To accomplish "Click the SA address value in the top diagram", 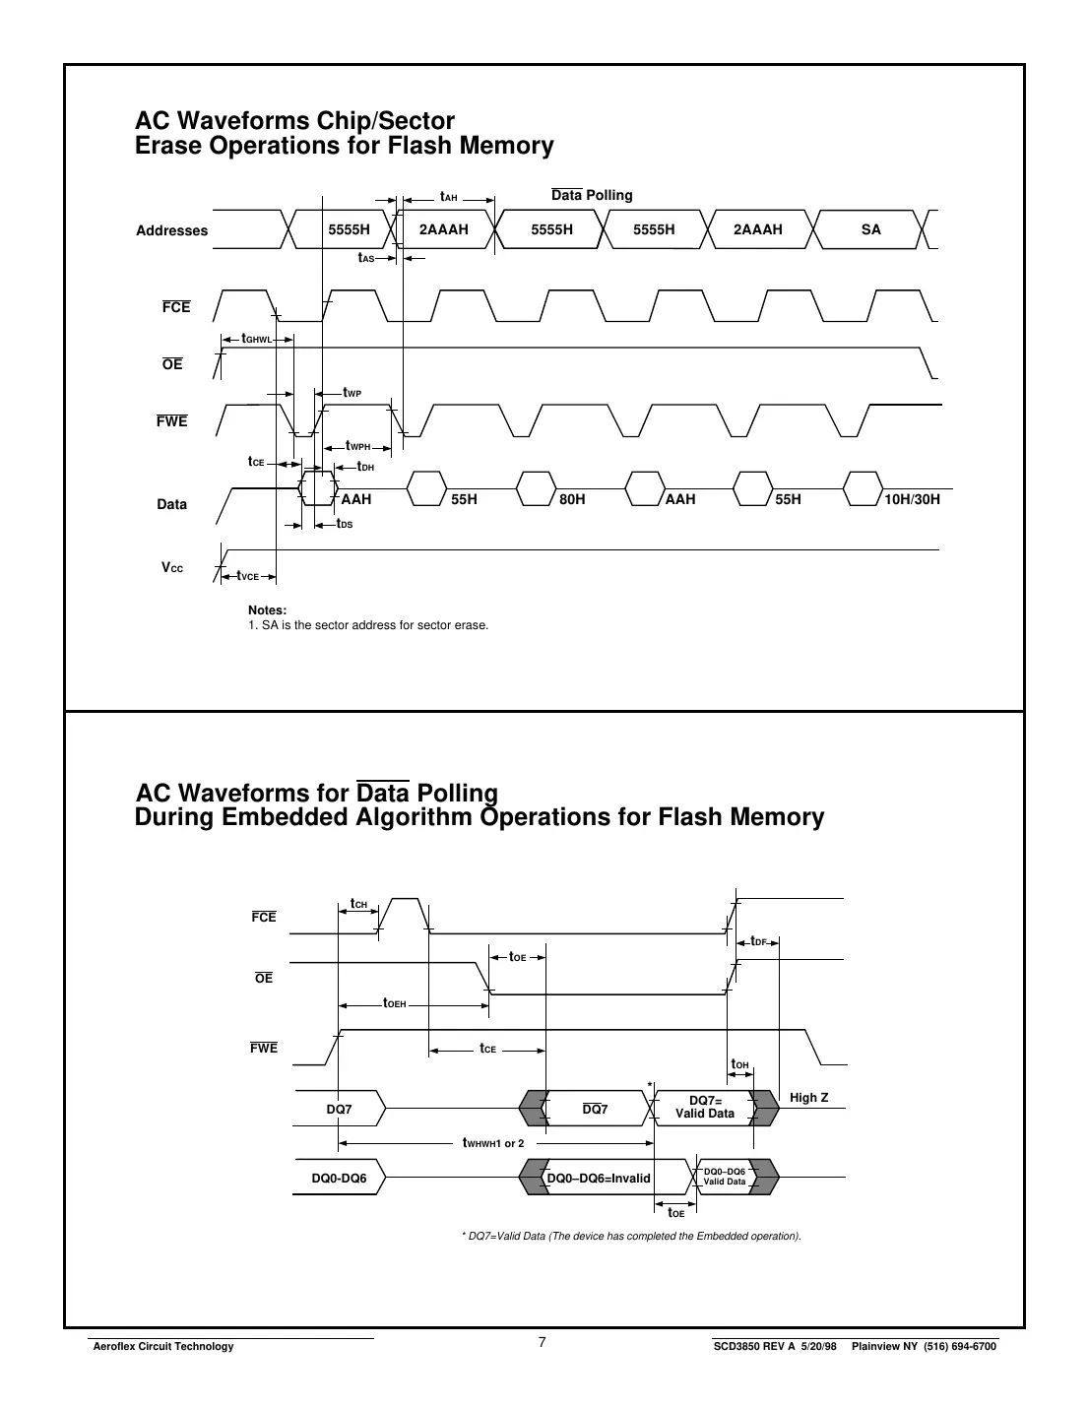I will pos(870,229).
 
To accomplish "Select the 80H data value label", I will pos(572,499).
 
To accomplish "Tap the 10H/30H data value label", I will pos(912,499).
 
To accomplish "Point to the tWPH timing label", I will pos(358,446).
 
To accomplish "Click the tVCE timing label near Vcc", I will pos(247,576).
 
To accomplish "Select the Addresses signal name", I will pos(172,230).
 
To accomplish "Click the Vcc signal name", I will pos(172,568).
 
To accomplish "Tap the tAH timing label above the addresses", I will pos(449,197).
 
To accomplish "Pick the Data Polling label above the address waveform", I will pos(592,195).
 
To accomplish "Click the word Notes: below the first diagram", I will pos(267,610).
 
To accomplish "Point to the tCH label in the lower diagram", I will pos(358,904).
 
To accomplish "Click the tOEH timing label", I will pos(395,1004).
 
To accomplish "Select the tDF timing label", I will pos(758,942).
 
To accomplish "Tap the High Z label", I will pos(809,1098).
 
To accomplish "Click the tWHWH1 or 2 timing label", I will pos(493,1143).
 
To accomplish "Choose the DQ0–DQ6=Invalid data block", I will pos(599,1178).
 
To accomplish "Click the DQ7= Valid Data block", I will pos(705,1107).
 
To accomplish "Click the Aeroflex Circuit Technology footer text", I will pos(162,1346).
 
